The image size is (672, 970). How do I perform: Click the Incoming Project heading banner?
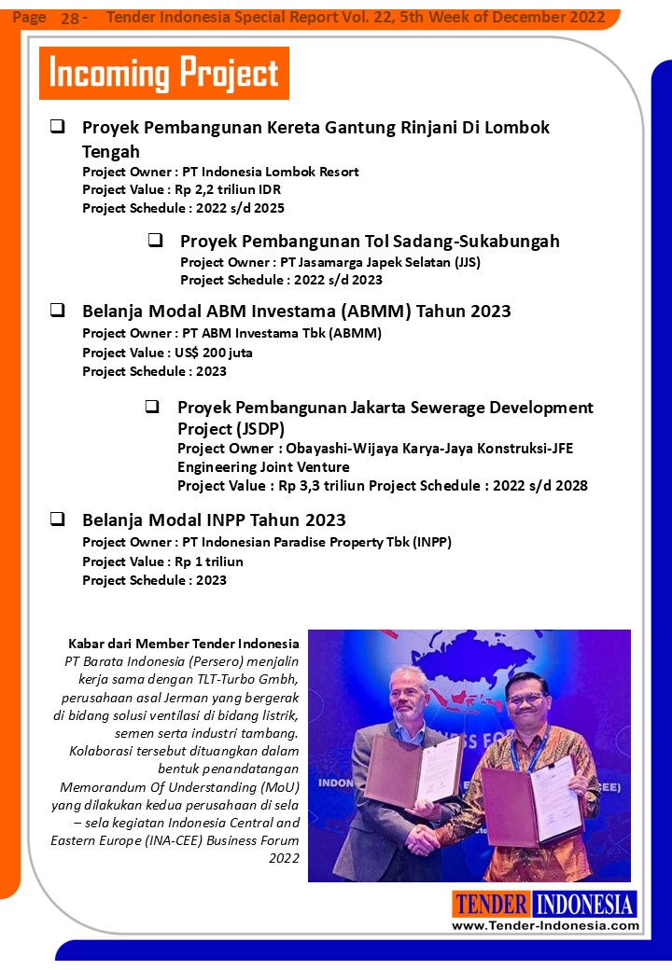click(163, 73)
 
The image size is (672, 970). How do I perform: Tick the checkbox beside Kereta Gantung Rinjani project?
click(57, 126)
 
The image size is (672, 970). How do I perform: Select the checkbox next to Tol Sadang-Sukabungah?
click(155, 240)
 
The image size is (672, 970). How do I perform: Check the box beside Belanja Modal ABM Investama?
click(57, 310)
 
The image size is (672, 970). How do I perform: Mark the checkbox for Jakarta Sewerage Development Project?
click(152, 407)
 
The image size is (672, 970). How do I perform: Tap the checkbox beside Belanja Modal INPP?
click(57, 519)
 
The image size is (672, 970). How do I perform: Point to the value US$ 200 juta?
click(214, 353)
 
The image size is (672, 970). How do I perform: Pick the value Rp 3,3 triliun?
click(320, 486)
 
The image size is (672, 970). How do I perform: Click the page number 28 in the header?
click(70, 18)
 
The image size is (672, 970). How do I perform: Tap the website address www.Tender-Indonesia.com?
click(545, 925)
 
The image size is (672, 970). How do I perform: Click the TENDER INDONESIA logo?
click(545, 904)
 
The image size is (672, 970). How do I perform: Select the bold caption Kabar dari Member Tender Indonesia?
click(184, 644)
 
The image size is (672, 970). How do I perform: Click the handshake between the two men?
click(426, 836)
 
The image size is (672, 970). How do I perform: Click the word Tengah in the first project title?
click(111, 150)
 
